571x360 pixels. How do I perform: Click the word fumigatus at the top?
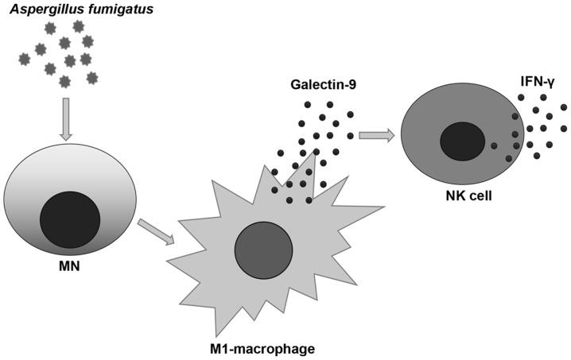coord(104,8)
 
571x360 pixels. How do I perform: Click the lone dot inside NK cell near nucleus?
coord(495,145)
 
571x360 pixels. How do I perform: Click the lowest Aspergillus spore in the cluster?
coord(65,81)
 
